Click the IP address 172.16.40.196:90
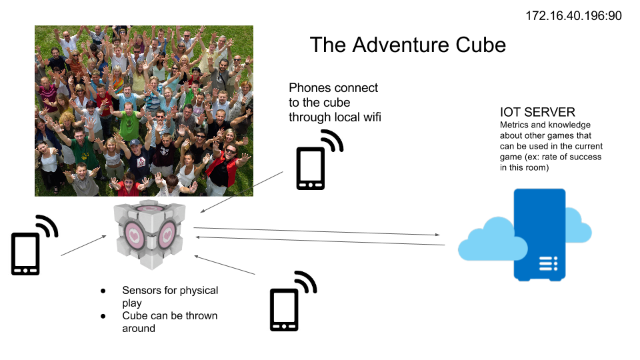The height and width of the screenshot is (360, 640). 573,16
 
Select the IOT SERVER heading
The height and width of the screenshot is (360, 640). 537,112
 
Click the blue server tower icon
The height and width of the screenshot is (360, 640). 539,235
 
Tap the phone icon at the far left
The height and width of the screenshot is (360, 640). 25,253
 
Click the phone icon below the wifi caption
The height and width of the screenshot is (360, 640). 311,168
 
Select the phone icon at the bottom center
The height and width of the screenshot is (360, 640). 284,309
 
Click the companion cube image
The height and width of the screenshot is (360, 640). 150,234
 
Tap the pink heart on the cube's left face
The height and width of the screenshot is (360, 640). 133,235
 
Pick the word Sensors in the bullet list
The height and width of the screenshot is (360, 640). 141,290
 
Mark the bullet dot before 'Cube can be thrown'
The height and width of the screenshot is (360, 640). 103,316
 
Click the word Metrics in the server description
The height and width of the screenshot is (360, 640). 514,125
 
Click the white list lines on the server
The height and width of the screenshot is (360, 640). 548,264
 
